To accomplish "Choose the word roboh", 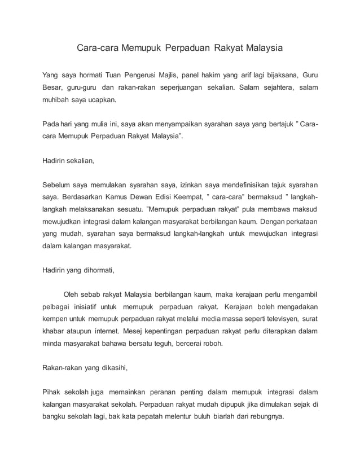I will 212,344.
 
